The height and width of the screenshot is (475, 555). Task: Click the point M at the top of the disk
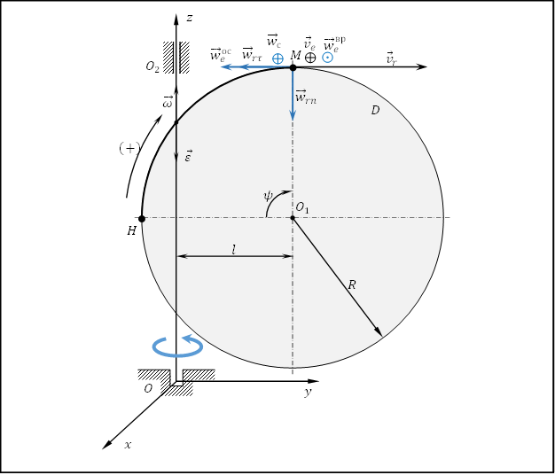click(x=293, y=67)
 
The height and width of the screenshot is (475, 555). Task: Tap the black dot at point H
click(x=142, y=219)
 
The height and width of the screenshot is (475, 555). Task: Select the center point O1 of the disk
click(x=293, y=217)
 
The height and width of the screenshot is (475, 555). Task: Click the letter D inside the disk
click(x=375, y=111)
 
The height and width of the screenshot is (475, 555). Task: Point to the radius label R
click(x=351, y=284)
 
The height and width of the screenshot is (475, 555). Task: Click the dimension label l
click(x=233, y=250)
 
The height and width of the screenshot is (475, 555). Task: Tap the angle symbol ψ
click(x=268, y=196)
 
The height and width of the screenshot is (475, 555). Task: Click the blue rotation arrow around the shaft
click(x=177, y=346)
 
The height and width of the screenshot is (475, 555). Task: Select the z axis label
click(x=190, y=18)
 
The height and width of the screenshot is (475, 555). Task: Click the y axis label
click(x=308, y=392)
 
